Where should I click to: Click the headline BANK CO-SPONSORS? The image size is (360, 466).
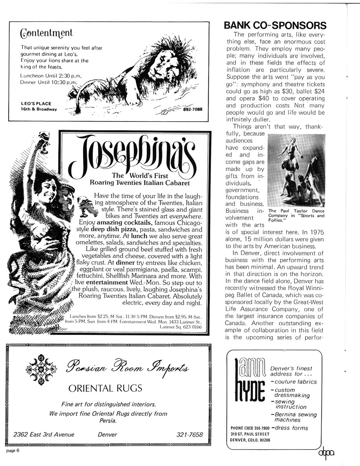point(275,26)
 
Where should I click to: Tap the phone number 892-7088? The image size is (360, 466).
point(193,109)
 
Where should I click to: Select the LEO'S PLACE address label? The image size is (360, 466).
point(38,106)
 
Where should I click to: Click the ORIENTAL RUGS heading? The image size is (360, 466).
point(105,388)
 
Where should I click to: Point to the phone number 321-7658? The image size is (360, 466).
point(190,435)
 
